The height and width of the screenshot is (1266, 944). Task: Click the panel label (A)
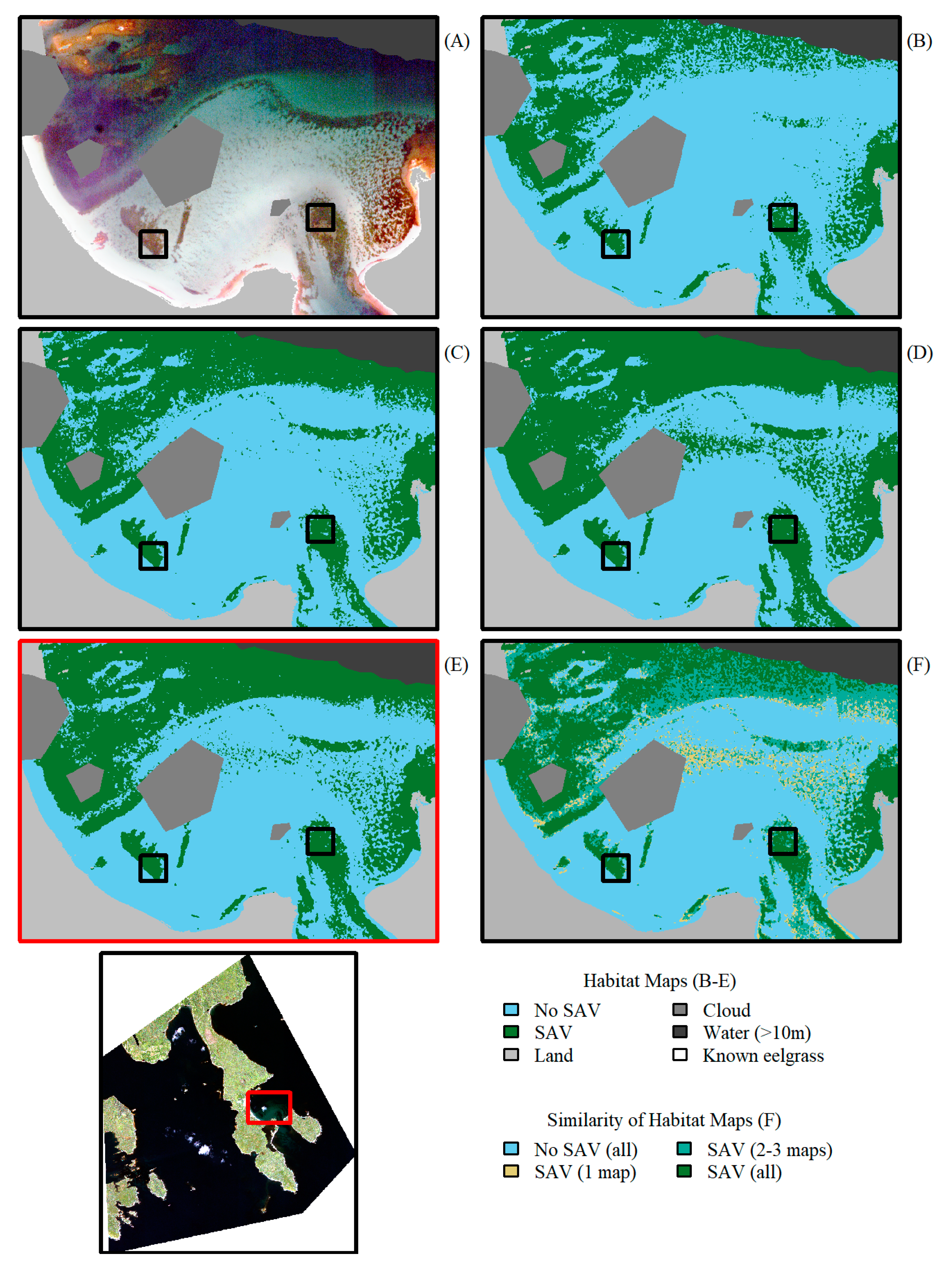457,41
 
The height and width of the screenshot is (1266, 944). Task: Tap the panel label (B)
919,41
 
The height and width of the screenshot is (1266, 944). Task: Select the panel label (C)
457,353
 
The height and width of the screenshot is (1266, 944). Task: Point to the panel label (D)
919,353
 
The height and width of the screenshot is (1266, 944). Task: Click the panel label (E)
456,665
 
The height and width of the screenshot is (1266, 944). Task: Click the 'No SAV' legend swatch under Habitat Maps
511,1010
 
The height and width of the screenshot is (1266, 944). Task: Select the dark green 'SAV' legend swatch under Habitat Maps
511,1032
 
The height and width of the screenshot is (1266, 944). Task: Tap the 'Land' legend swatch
511,1055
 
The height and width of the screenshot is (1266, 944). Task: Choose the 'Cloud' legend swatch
680,1010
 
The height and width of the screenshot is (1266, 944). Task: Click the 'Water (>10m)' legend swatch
680,1032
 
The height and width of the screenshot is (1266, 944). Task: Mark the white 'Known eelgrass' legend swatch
680,1055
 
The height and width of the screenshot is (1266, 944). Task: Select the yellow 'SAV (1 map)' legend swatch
511,1171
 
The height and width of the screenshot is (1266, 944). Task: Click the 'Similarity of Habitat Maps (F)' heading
663,1120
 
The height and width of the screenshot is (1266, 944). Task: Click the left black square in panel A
153,244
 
